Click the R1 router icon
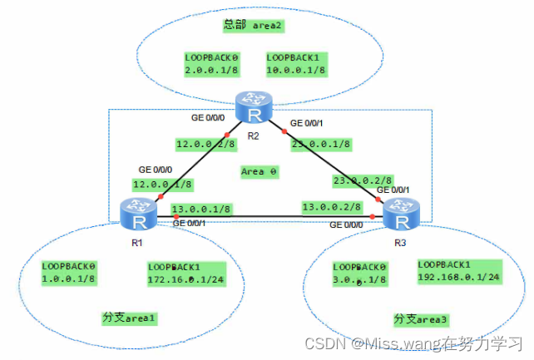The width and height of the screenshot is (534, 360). [138, 215]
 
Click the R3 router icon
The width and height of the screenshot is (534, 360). [403, 219]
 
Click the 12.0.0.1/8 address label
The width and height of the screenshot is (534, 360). [161, 184]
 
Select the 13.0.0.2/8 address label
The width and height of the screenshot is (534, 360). [331, 207]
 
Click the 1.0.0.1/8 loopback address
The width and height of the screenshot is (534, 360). [69, 279]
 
